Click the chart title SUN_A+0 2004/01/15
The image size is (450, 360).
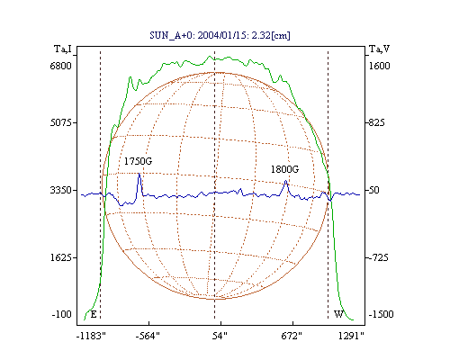tap(220, 35)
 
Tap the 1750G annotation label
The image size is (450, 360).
tap(138, 161)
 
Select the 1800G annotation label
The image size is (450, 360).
tap(284, 169)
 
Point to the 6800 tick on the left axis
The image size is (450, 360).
tap(61, 66)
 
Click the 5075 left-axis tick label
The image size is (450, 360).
tap(61, 122)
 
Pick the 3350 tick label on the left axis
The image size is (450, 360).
tap(61, 190)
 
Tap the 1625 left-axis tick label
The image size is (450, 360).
tap(61, 257)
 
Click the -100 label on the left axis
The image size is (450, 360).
tap(62, 314)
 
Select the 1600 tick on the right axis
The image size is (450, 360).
tap(379, 66)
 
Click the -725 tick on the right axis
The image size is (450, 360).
tap(378, 257)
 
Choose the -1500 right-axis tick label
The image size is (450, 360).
tap(381, 314)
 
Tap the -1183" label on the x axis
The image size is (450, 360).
tap(92, 337)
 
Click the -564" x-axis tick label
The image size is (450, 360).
tap(148, 337)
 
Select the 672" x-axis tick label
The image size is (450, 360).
tap(292, 337)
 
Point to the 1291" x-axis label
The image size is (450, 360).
tap(351, 337)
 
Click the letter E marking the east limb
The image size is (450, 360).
tap(94, 314)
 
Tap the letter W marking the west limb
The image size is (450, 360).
tap(338, 314)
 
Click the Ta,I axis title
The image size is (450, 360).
tap(63, 49)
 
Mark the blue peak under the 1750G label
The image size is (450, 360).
tap(139, 174)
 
